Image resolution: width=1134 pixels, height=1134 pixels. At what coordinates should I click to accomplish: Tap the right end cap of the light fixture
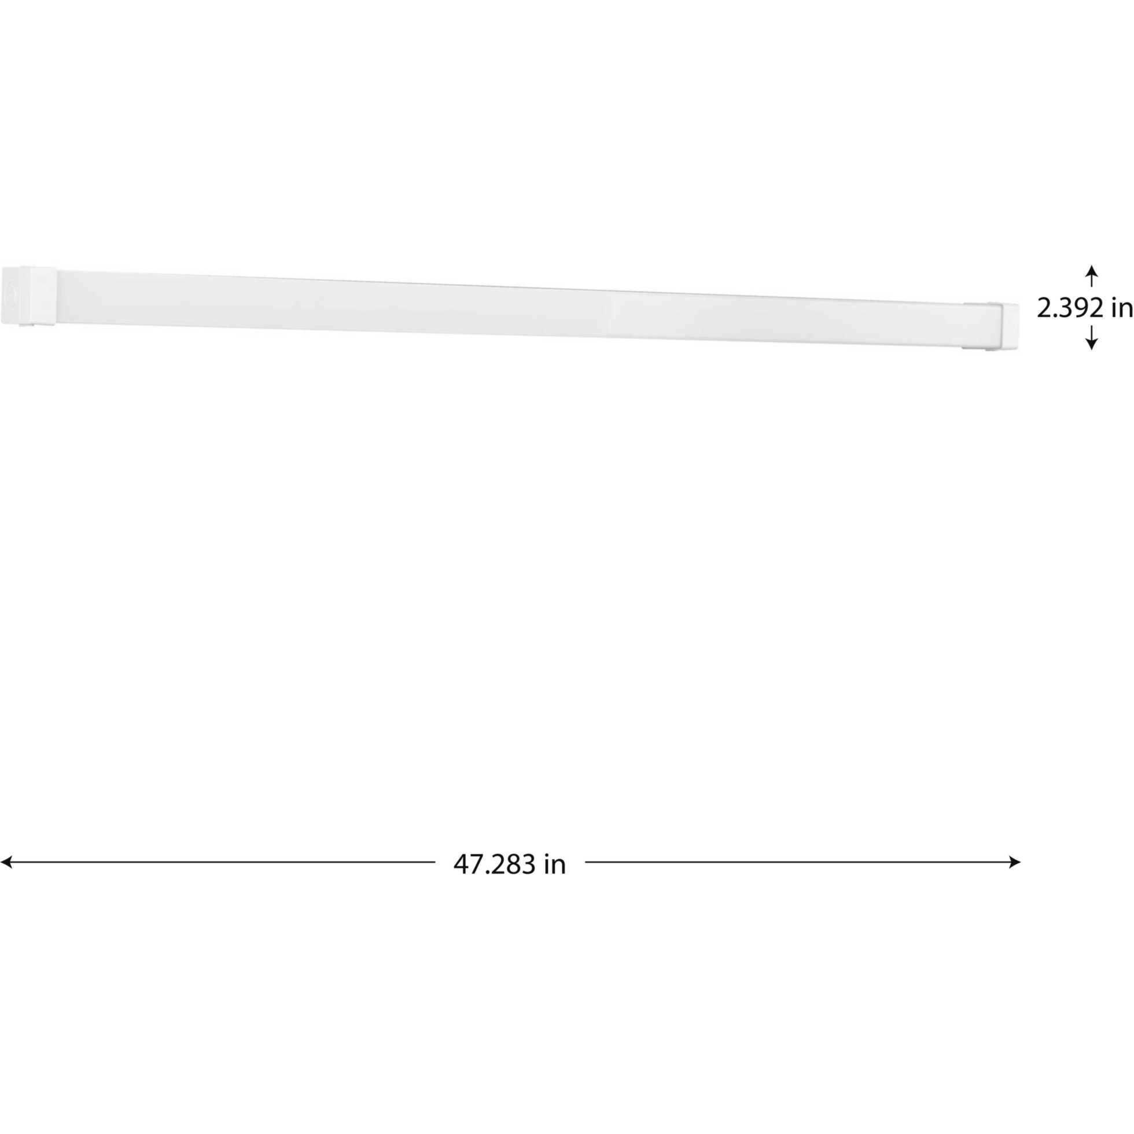coord(1003,326)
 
